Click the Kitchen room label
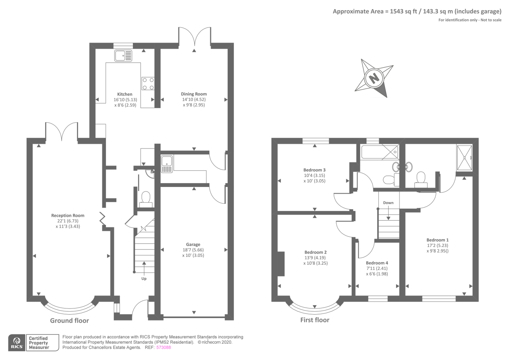[125, 94]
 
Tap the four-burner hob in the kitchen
[148, 84]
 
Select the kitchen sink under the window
[123, 56]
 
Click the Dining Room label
[194, 94]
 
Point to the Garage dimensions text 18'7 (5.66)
[193, 250]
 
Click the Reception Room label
[68, 216]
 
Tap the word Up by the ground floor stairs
[144, 279]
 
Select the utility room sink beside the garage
[167, 164]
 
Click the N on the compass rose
[374, 78]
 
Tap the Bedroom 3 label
[314, 170]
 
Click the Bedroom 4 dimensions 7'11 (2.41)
[377, 269]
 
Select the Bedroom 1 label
[437, 240]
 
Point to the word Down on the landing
[388, 203]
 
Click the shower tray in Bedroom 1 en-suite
[464, 158]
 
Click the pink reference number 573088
[164, 348]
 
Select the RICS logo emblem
[17, 342]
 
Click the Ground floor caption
[69, 321]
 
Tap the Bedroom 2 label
[315, 252]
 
